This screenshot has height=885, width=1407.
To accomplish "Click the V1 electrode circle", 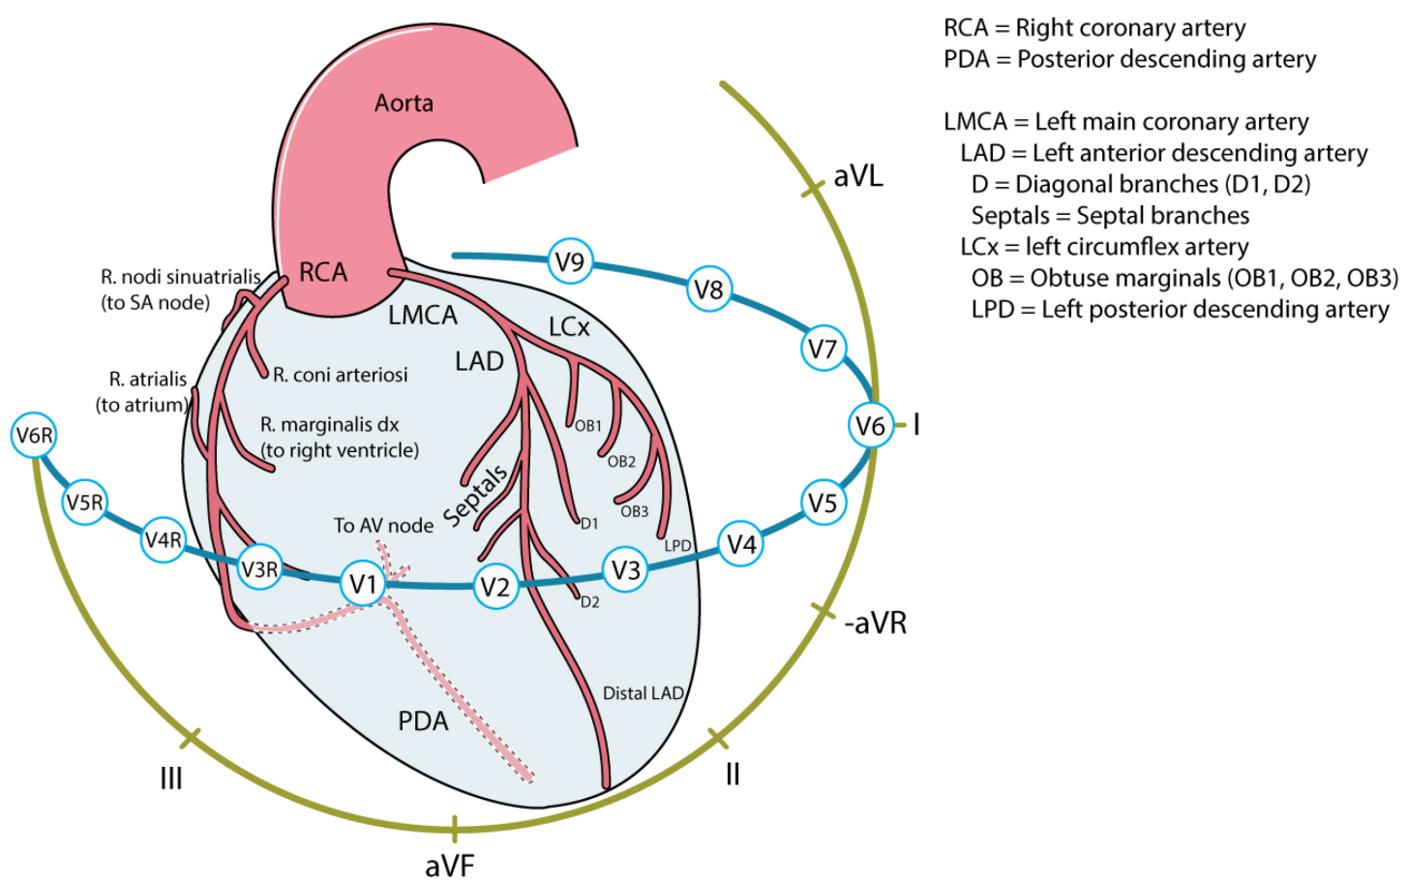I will tap(363, 584).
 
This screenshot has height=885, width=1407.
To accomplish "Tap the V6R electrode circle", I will tap(34, 436).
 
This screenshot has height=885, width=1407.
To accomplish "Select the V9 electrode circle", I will tap(570, 261).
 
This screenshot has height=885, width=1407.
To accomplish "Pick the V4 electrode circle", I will tap(741, 544).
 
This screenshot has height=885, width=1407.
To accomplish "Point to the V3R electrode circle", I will tap(260, 568).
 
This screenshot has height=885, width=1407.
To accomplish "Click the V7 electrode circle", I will tap(823, 349).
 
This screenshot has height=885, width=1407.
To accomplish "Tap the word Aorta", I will tap(404, 103).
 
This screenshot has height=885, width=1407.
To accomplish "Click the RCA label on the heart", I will tap(323, 272).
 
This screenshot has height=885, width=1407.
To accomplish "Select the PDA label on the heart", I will tap(424, 721).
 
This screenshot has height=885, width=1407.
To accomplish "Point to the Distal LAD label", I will tap(643, 693).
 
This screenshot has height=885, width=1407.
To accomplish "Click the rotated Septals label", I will tap(475, 496).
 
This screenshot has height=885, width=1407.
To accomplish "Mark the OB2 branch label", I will tap(621, 462).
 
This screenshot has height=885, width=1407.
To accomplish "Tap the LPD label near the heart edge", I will tap(677, 546).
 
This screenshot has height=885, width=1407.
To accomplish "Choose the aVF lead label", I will tap(450, 865).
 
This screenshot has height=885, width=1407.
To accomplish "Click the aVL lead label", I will tap(858, 176).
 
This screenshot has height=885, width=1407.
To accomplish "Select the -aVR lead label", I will tap(876, 623).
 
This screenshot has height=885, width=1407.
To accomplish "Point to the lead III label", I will tap(171, 778).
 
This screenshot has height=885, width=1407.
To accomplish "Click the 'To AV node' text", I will tap(383, 526).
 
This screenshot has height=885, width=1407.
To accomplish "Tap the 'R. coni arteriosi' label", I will tap(341, 375).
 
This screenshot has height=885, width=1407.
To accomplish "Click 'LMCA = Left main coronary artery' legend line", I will tap(1126, 122).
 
